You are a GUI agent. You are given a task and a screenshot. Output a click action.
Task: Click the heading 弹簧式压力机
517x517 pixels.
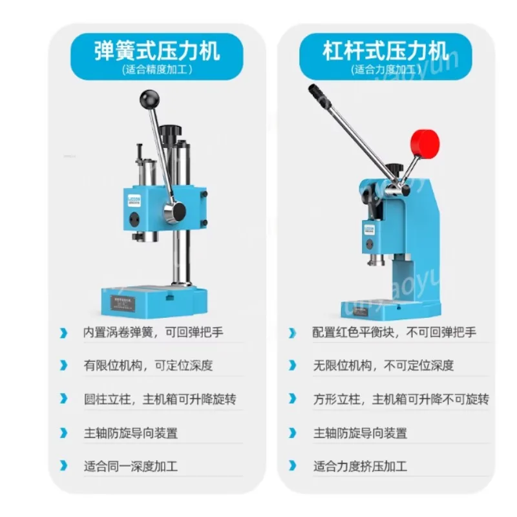157,50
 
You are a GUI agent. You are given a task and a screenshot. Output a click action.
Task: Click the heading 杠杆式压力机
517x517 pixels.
385,50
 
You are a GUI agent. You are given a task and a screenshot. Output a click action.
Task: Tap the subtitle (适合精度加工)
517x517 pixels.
157,70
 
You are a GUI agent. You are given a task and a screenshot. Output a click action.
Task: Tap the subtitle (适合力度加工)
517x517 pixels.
385,70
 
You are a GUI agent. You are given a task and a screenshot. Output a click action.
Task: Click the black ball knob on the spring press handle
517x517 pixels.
149,99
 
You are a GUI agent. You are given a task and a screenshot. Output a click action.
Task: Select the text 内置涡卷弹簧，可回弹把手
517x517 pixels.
153,333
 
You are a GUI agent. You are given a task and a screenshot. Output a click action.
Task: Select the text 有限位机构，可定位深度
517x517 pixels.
147,366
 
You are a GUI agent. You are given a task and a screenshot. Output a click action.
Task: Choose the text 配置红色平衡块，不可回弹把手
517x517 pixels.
394,333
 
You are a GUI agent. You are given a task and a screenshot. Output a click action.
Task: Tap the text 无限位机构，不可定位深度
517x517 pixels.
383,366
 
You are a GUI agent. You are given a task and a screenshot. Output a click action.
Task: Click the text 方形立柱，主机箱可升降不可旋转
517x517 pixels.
401,399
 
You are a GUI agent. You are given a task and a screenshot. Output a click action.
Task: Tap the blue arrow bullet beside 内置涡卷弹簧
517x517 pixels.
63,333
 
